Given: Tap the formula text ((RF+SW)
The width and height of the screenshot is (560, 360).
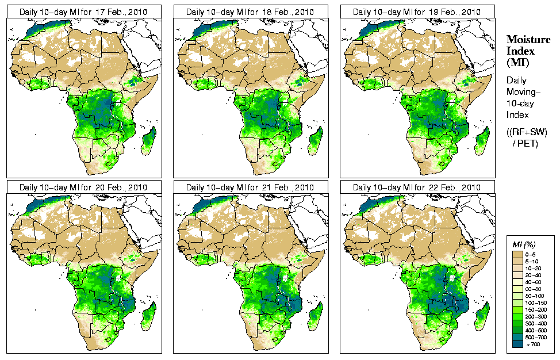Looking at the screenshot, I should pyautogui.click(x=527, y=132).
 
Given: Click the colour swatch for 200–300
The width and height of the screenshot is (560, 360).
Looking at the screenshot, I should pyautogui.click(x=516, y=316).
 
